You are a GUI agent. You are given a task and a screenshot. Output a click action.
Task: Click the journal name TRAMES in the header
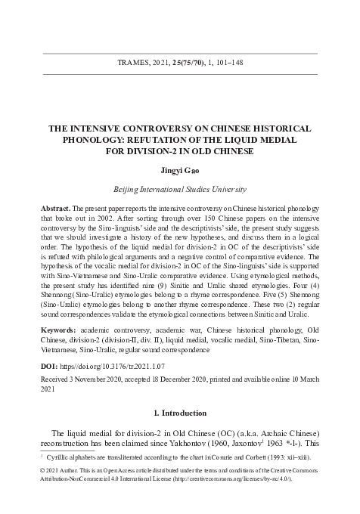pyautogui.click(x=131, y=64)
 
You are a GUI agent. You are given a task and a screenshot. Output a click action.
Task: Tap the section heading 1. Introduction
pyautogui.click(x=180, y=413)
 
